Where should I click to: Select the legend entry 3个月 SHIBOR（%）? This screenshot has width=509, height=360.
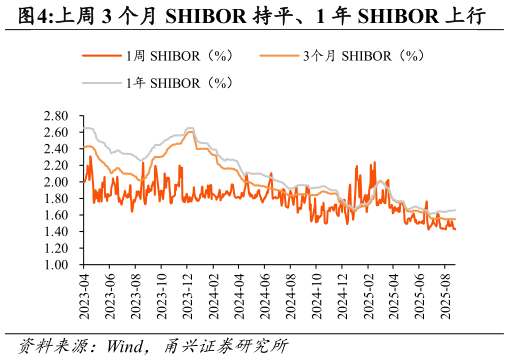point(355,56)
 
